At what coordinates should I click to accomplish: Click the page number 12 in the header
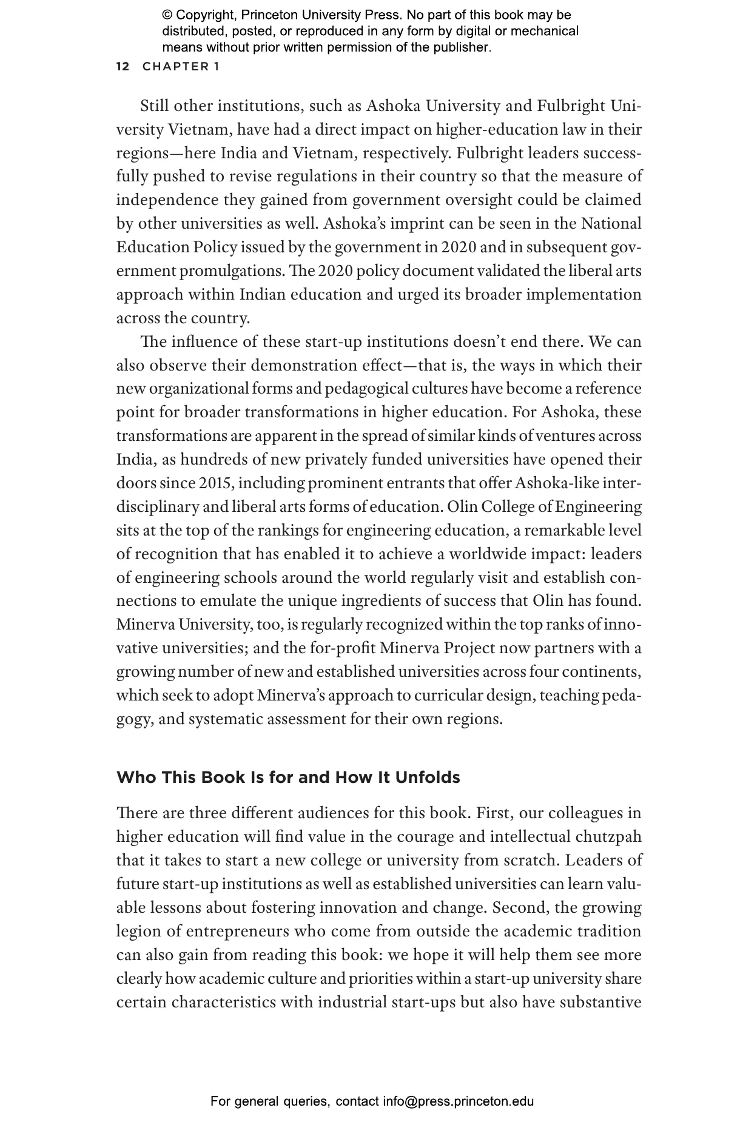[123, 67]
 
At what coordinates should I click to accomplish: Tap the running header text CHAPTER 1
[181, 67]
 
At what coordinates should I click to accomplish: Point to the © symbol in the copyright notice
[167, 15]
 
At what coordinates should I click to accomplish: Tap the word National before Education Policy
[611, 224]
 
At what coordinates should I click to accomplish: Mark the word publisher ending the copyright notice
[461, 47]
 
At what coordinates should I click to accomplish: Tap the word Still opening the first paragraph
[155, 106]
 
